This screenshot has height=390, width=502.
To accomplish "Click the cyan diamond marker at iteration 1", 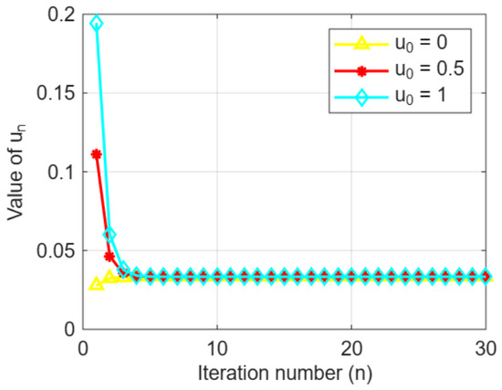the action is pos(97,24).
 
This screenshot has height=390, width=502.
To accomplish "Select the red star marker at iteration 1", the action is pos(97,154).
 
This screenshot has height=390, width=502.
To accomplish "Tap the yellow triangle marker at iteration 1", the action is pos(97,284).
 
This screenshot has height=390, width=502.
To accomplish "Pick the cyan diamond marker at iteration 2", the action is pos(110,235).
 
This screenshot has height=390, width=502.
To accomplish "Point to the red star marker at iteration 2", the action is pos(110,257).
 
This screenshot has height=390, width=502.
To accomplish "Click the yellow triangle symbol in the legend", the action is pos(361,43).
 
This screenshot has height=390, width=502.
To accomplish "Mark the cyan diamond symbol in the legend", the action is pos(361,97).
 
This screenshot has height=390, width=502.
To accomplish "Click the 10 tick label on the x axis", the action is pos(217,349).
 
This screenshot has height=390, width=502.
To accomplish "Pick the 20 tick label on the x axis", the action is pos(351,349).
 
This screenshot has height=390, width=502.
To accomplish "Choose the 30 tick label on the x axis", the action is pos(486,349).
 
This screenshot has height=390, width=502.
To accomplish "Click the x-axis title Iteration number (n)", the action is pos(285,374).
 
